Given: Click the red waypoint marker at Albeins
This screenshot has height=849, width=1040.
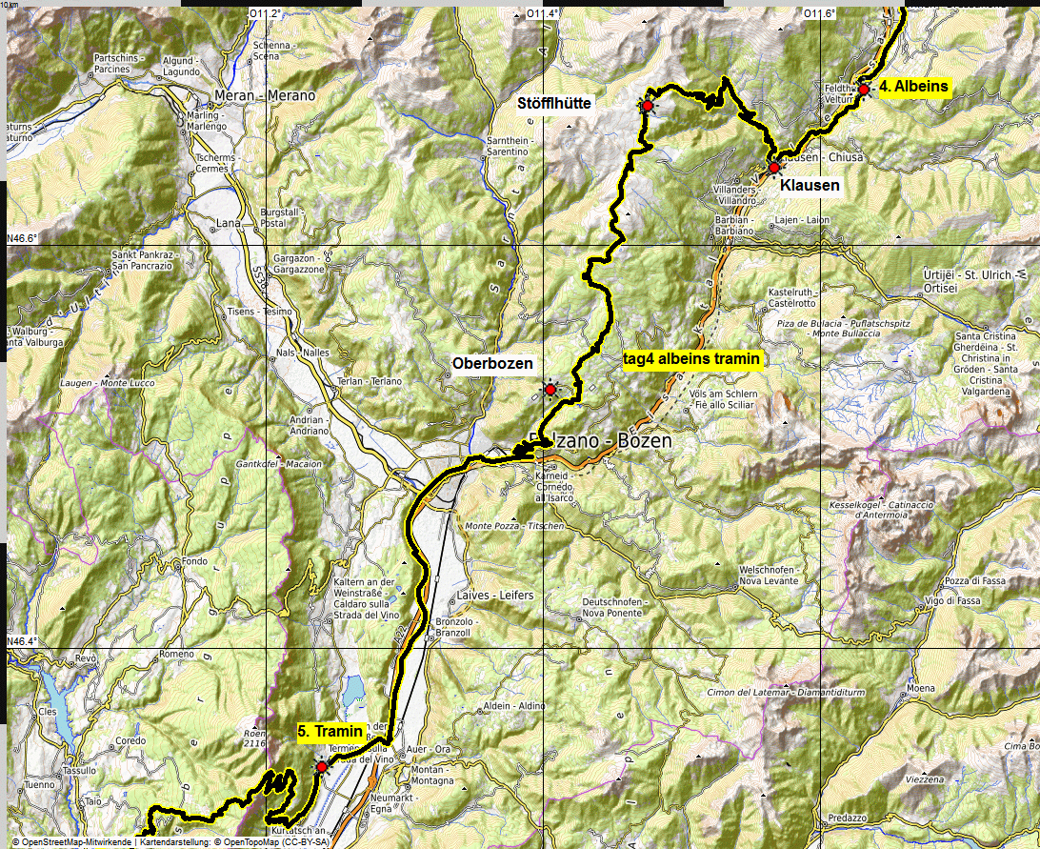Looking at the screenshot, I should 864,90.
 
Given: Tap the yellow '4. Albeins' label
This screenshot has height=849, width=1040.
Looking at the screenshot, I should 913,87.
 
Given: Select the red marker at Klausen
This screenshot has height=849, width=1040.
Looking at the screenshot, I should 774,168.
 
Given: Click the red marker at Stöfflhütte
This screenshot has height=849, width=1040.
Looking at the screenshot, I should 647,106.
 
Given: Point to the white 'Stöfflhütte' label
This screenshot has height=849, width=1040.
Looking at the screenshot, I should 554,102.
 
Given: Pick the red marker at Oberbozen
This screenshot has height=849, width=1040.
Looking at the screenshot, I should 550,390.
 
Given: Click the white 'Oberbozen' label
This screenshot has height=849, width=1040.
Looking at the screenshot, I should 492,364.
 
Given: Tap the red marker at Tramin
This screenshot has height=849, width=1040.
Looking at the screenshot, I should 322,767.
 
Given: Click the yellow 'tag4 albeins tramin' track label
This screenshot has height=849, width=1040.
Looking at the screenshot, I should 690,359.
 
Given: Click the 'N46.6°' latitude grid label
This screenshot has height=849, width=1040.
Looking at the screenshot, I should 22,239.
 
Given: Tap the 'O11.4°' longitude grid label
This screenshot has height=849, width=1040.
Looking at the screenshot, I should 543,13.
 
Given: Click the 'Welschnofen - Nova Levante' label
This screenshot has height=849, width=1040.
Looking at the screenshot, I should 767,576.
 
